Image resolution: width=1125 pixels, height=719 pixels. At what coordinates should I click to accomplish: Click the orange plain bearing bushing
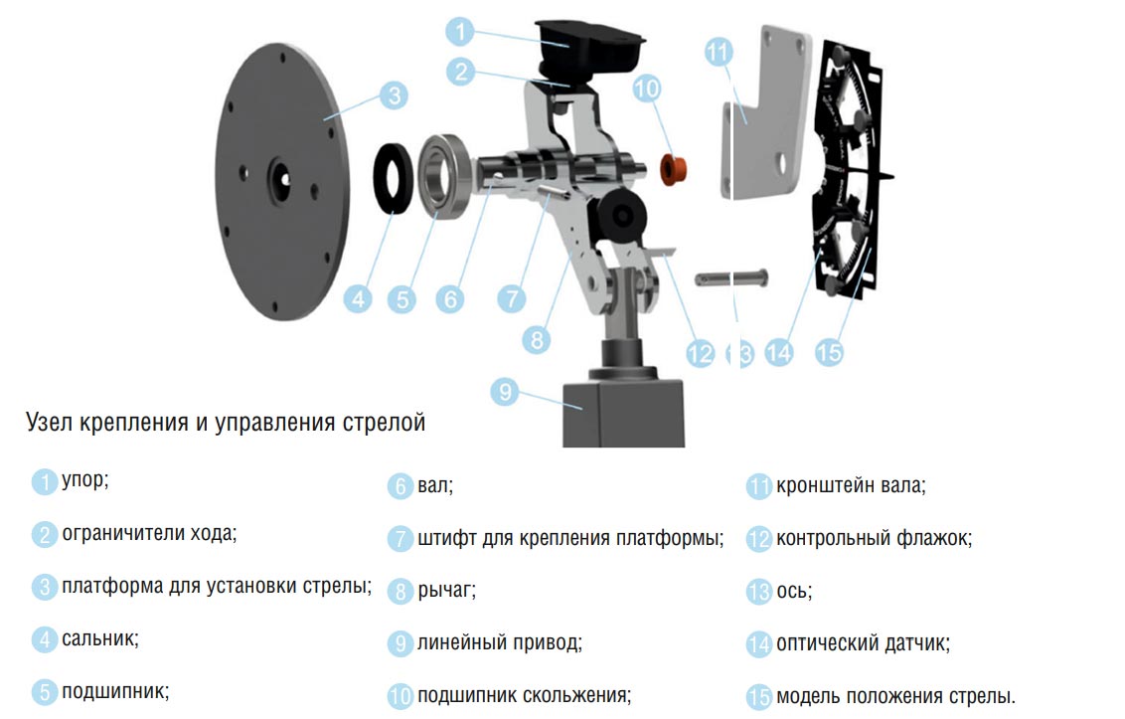(x=673, y=169)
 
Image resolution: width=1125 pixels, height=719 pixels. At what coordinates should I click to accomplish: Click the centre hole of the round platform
(x=280, y=177)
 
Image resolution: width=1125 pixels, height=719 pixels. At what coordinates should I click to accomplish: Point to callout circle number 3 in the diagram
(x=394, y=94)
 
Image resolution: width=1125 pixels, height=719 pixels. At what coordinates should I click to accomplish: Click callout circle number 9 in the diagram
(x=505, y=392)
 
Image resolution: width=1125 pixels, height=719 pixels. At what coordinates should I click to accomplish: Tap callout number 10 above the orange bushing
(x=646, y=89)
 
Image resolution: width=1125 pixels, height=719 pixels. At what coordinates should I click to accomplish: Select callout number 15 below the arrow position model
(x=829, y=353)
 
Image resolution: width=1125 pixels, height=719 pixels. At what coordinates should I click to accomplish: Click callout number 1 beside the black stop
(x=460, y=31)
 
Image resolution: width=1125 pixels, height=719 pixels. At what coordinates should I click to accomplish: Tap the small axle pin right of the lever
(x=731, y=278)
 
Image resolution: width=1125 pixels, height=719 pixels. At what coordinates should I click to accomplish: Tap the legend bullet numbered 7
(x=401, y=539)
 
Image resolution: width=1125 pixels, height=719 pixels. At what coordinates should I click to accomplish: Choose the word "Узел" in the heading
(x=50, y=423)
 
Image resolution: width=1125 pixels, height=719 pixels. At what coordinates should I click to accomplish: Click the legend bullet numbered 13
(x=759, y=592)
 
